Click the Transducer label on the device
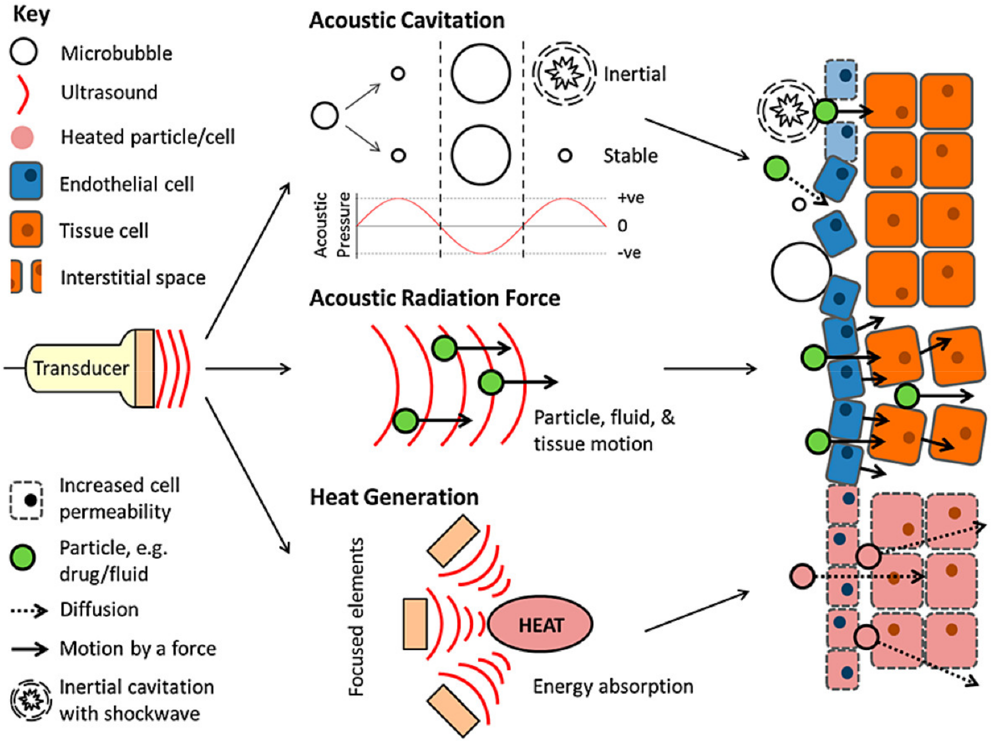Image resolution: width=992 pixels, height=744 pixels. click(x=81, y=368)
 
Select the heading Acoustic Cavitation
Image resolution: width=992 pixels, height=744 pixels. click(x=406, y=21)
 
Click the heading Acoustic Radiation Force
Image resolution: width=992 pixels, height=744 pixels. click(x=435, y=298)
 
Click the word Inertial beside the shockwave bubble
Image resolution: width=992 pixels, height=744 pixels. click(x=635, y=74)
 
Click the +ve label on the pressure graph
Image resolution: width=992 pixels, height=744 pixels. click(x=631, y=198)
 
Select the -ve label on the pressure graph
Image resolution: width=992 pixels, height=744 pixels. click(x=629, y=253)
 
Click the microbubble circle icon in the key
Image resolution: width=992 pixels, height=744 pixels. click(x=23, y=52)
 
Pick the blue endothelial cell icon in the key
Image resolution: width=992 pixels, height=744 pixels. click(x=26, y=181)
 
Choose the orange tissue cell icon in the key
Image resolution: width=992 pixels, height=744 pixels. click(x=26, y=229)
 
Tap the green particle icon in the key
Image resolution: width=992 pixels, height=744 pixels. click(x=22, y=557)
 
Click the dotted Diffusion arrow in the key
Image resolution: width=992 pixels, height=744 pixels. click(x=29, y=610)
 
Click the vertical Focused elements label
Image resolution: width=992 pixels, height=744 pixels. click(x=356, y=617)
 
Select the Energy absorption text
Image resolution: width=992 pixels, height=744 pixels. click(x=612, y=686)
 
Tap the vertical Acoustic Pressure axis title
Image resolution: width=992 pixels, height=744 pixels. click(x=332, y=225)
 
